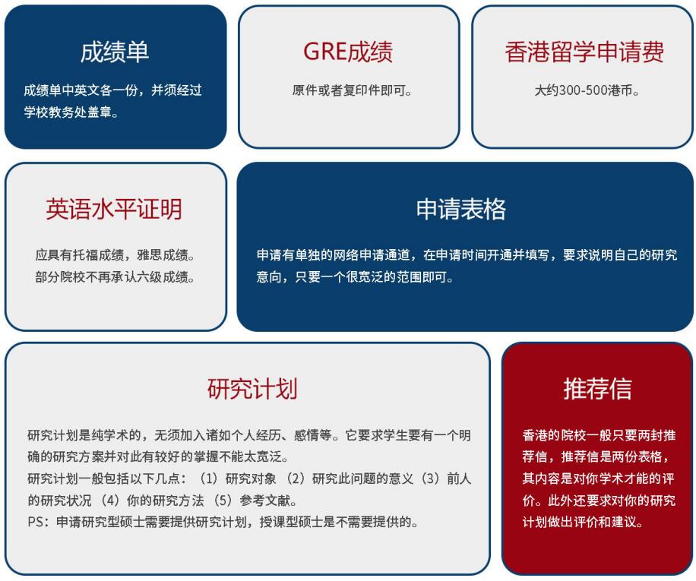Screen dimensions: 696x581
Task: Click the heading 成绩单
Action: tap(115, 52)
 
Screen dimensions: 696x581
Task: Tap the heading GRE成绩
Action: tap(348, 52)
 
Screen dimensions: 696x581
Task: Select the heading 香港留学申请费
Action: tap(584, 52)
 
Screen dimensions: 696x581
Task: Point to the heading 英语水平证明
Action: tap(114, 209)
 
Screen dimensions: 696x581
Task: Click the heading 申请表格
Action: tap(460, 209)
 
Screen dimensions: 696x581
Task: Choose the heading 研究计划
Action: tap(252, 389)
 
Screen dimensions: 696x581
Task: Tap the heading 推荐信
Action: tap(597, 389)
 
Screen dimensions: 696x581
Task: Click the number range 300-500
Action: tap(584, 90)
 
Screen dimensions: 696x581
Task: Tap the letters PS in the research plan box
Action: tap(36, 522)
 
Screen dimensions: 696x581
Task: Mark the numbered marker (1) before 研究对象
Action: tap(208, 478)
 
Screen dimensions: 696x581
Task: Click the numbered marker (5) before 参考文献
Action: tap(223, 500)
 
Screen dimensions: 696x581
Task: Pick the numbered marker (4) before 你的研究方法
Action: tap(109, 500)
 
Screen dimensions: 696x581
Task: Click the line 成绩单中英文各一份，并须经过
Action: tap(112, 90)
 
